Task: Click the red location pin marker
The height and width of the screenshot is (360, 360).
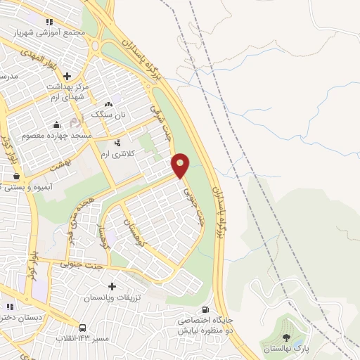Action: [181, 165]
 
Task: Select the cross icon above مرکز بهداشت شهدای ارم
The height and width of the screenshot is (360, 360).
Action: [67, 76]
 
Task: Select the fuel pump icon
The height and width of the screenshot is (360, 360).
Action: [205, 309]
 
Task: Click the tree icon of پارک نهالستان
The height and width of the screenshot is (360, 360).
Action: [285, 337]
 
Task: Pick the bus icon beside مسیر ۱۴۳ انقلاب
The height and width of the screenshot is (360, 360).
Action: [83, 328]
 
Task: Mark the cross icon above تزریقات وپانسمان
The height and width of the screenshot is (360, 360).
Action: [112, 286]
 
